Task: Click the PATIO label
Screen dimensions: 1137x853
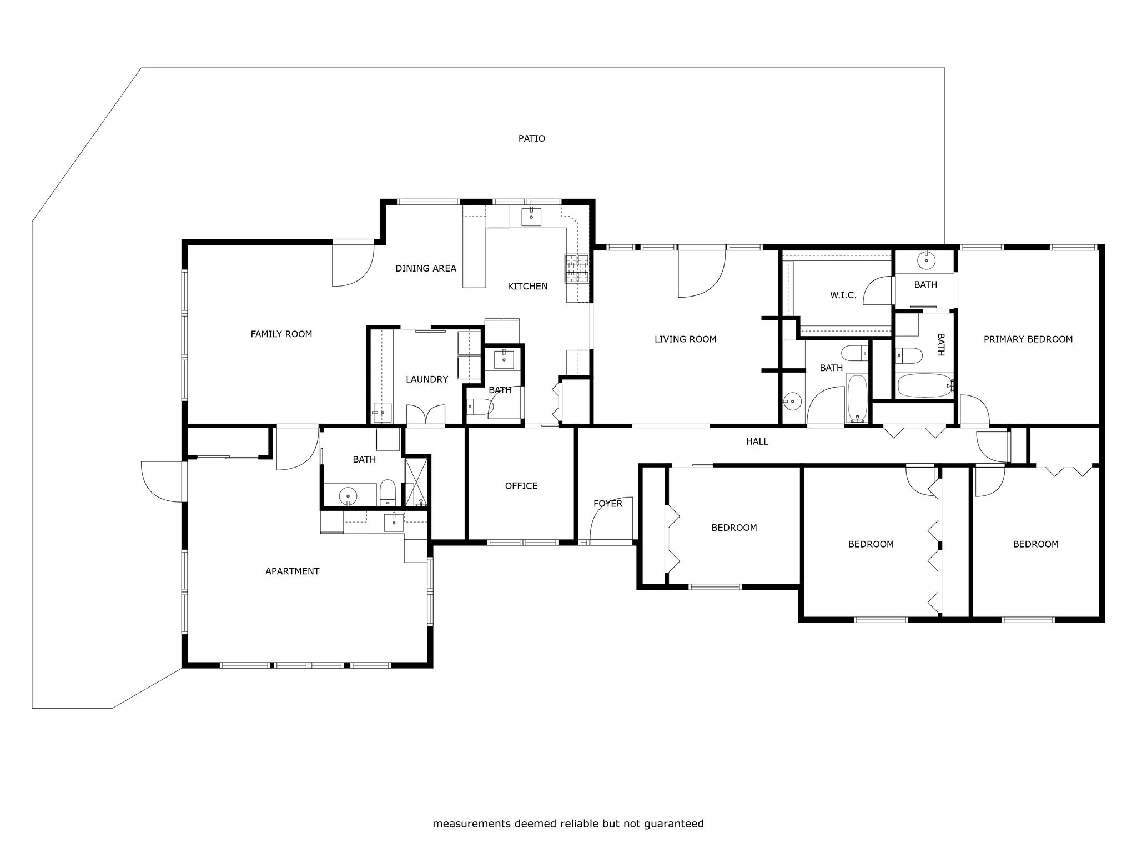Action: coord(531,138)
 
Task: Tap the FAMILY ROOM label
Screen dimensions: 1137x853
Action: coord(281,334)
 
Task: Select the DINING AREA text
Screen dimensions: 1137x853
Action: coord(426,268)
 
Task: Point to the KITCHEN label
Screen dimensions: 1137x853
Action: coord(527,286)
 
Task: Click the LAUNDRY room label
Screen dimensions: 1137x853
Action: coord(427,379)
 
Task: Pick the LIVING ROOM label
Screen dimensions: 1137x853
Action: coord(685,339)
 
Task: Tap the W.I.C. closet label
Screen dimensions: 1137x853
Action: coord(843,295)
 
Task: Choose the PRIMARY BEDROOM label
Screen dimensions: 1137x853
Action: coord(1028,339)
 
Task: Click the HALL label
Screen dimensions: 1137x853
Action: coord(757,441)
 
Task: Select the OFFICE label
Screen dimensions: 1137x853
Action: coord(521,486)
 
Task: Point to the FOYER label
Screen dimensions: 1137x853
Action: coord(608,504)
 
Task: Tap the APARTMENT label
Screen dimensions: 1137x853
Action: coord(292,571)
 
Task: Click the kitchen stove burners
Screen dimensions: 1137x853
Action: coord(577,269)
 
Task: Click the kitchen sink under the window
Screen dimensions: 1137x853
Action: coord(532,216)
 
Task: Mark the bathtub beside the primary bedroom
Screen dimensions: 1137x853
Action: coord(925,385)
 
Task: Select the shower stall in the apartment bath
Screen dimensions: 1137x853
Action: coord(417,481)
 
